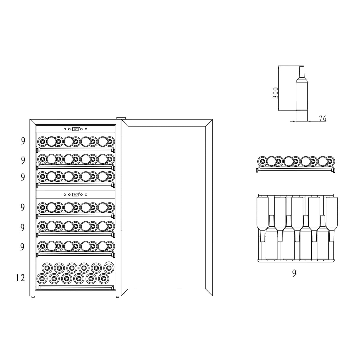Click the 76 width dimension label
(323, 119)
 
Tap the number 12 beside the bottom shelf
(20, 278)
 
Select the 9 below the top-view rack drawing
(294, 273)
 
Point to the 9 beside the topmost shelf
(23, 141)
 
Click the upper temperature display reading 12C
(75, 129)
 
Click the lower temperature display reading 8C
(75, 195)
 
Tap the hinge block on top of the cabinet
(121, 119)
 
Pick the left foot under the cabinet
(33, 297)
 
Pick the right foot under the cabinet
(117, 297)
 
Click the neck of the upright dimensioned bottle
(302, 72)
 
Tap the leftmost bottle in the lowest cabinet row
(42, 278)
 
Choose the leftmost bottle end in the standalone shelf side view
(262, 161)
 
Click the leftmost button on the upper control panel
(65, 129)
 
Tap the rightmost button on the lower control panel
(86, 195)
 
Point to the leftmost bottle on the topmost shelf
(42, 142)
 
